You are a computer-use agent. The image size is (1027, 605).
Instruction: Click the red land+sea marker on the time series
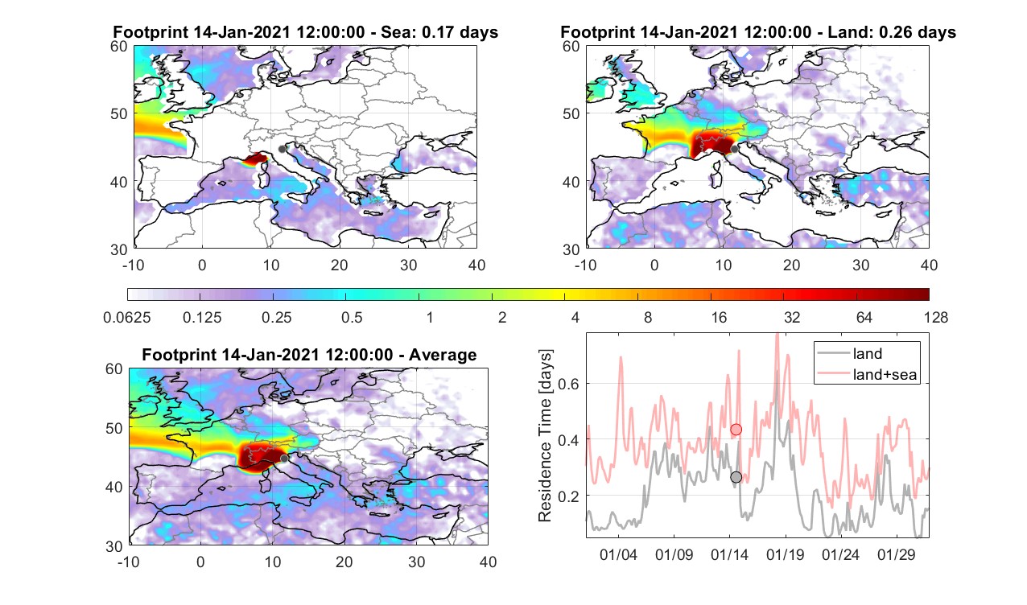point(736,430)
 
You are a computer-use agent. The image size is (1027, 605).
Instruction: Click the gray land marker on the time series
point(736,477)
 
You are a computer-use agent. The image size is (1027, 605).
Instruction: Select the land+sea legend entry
point(867,374)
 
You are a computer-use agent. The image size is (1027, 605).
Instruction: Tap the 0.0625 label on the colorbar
point(127,317)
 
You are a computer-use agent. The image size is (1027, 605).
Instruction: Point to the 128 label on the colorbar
point(936,317)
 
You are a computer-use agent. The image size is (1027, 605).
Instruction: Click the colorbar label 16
point(719,317)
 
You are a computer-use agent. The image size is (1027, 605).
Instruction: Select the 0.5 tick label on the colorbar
point(352,317)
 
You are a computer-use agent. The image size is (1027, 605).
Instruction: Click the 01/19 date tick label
point(785,555)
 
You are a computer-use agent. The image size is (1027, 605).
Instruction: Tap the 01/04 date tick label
point(618,555)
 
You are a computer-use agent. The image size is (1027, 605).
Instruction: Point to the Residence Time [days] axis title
point(545,436)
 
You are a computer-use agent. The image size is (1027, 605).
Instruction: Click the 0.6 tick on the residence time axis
point(569,384)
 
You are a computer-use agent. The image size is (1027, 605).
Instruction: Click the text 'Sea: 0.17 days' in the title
point(439,32)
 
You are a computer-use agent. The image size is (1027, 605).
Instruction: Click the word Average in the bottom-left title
point(443,355)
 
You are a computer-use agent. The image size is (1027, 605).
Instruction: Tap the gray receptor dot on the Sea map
point(282,149)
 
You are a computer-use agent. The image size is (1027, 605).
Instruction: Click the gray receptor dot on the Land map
point(734,149)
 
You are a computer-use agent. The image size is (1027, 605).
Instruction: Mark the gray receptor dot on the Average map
point(284,459)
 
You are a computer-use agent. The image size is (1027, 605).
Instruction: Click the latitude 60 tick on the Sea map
point(119,47)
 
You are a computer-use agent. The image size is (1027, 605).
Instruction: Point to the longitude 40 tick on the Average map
point(489,562)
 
